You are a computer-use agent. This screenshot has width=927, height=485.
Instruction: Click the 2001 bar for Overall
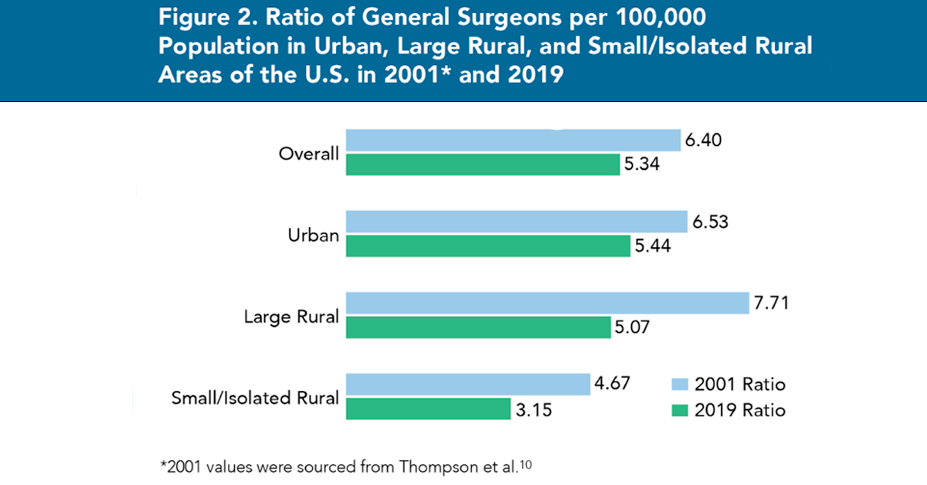tap(513, 140)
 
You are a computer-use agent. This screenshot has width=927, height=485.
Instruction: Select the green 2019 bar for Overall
tap(483, 164)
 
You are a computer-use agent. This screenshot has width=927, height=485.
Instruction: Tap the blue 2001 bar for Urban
tap(516, 222)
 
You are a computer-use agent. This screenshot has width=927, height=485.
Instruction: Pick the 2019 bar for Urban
tap(487, 246)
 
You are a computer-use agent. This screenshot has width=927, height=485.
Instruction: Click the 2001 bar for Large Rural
tap(548, 304)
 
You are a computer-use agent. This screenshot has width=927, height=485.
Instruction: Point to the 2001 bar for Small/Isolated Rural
tap(468, 385)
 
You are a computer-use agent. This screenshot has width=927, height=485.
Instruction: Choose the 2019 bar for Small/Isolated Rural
tap(428, 409)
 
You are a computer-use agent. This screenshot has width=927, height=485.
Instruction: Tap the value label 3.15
tap(534, 409)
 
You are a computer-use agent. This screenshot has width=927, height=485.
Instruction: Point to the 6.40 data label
tap(704, 140)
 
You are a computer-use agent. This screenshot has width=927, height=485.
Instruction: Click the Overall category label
tap(308, 153)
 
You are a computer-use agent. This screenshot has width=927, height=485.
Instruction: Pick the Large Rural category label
tap(291, 317)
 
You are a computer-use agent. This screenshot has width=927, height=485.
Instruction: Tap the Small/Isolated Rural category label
tap(255, 399)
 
